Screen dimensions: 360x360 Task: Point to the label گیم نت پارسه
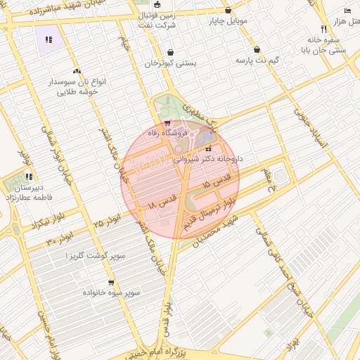click(x=257, y=60)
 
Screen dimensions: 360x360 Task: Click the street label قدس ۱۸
click(x=160, y=204)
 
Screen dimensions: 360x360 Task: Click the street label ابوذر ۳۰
click(x=60, y=239)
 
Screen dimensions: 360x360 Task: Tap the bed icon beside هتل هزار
click(x=347, y=10)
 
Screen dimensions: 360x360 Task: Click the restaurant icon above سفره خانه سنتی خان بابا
click(x=323, y=30)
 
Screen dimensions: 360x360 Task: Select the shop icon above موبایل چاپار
click(x=229, y=10)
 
